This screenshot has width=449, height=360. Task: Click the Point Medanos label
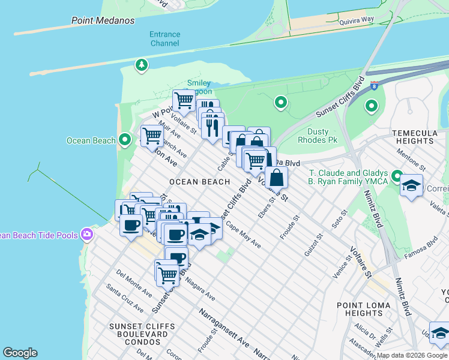point(103,20)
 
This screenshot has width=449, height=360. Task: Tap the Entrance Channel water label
point(164,38)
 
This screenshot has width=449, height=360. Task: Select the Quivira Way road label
point(357,20)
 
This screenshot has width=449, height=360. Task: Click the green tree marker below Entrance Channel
point(142,64)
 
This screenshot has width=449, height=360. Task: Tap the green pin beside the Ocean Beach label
point(125,140)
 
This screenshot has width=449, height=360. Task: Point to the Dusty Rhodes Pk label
point(318,136)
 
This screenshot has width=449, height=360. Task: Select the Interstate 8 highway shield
point(374,85)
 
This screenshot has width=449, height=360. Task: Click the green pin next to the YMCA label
point(397,176)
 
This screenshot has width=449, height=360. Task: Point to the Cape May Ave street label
point(244,236)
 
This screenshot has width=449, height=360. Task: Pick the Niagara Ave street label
point(200,289)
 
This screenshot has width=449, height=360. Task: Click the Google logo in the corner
point(20,353)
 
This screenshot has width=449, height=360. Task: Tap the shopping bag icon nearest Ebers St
point(276,178)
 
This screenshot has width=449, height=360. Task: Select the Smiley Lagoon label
point(199,87)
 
